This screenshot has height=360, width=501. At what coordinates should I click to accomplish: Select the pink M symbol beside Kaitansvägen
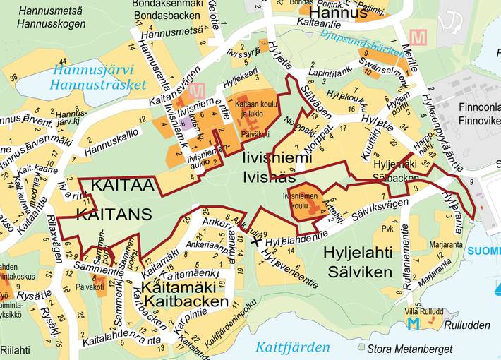click(198, 90)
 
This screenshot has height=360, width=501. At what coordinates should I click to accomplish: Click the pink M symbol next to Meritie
click(418, 38)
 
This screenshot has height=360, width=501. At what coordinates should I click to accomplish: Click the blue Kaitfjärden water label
click(292, 347)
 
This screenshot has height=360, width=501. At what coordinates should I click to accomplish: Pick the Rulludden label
click(467, 325)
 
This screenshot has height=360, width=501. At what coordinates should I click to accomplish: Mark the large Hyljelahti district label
click(357, 253)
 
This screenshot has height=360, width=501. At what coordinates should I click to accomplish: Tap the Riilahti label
click(16, 349)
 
